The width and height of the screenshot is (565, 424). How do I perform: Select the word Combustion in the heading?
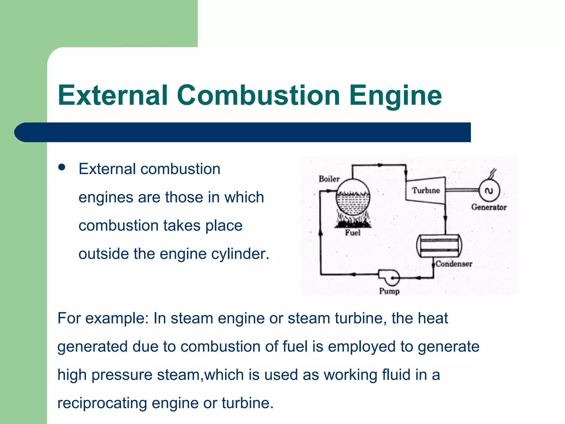(x=258, y=95)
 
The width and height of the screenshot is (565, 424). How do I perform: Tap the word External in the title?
(x=113, y=95)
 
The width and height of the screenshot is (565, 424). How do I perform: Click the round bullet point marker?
(x=62, y=167)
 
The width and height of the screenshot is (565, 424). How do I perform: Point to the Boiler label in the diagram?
(x=329, y=179)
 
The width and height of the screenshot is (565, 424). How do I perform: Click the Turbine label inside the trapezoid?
(x=426, y=190)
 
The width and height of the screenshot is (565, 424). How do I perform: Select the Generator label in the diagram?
(x=489, y=207)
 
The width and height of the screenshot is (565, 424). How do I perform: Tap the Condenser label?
(x=454, y=264)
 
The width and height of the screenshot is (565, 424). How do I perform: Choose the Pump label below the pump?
(x=389, y=291)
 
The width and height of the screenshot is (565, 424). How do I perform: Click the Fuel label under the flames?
(x=353, y=233)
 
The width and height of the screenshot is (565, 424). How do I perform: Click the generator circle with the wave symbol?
(x=489, y=191)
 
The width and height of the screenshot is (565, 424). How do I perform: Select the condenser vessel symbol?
(x=439, y=246)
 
